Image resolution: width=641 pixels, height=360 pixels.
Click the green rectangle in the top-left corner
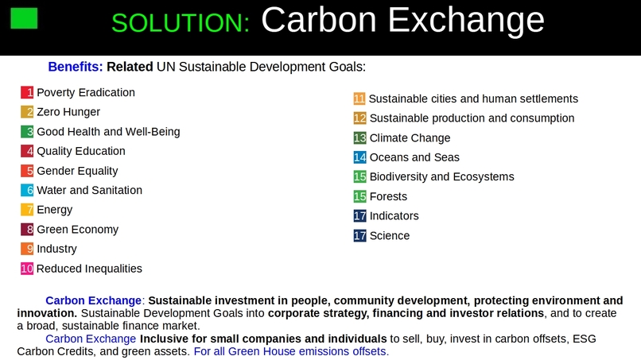click(24, 17)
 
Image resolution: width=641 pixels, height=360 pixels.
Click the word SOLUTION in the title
click(181, 23)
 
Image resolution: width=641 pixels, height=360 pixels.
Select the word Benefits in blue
click(76, 67)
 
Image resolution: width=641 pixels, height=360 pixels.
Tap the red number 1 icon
click(27, 93)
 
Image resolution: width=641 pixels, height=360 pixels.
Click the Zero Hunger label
click(68, 112)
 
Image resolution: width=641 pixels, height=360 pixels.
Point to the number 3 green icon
click(27, 132)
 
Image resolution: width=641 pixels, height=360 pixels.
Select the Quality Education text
click(81, 151)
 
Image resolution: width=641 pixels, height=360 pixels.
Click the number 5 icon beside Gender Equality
click(27, 171)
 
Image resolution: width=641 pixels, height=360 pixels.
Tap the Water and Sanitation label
click(90, 191)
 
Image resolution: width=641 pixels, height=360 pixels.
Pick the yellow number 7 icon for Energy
click(27, 210)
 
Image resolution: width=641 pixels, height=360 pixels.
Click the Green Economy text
click(77, 230)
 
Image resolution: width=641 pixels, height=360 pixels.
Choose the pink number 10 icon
click(27, 269)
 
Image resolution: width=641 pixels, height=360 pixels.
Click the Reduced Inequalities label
click(90, 269)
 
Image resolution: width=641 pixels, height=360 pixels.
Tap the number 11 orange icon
click(359, 99)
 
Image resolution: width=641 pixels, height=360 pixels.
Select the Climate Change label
click(410, 138)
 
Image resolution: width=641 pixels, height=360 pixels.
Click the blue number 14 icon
click(360, 157)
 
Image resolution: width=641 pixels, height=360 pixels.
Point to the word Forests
click(388, 196)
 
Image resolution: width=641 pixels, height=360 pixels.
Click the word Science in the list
click(390, 236)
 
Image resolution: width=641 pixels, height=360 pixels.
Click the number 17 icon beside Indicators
click(360, 216)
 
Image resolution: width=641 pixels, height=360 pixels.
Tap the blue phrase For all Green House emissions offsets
click(291, 351)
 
